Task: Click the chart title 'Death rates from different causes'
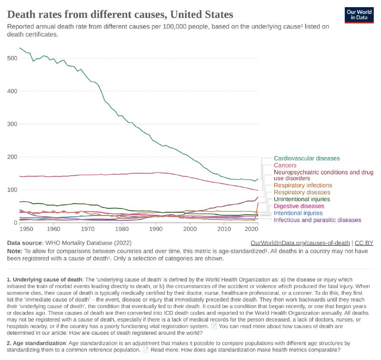(x=120, y=14)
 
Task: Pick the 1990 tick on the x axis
(x=156, y=229)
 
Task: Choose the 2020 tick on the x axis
(x=251, y=229)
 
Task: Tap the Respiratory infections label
(x=303, y=185)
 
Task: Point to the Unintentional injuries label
(x=302, y=199)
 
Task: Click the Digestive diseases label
(x=299, y=206)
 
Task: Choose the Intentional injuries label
(x=299, y=213)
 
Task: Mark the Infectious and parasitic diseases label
(x=318, y=220)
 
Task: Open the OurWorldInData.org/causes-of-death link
(x=300, y=242)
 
